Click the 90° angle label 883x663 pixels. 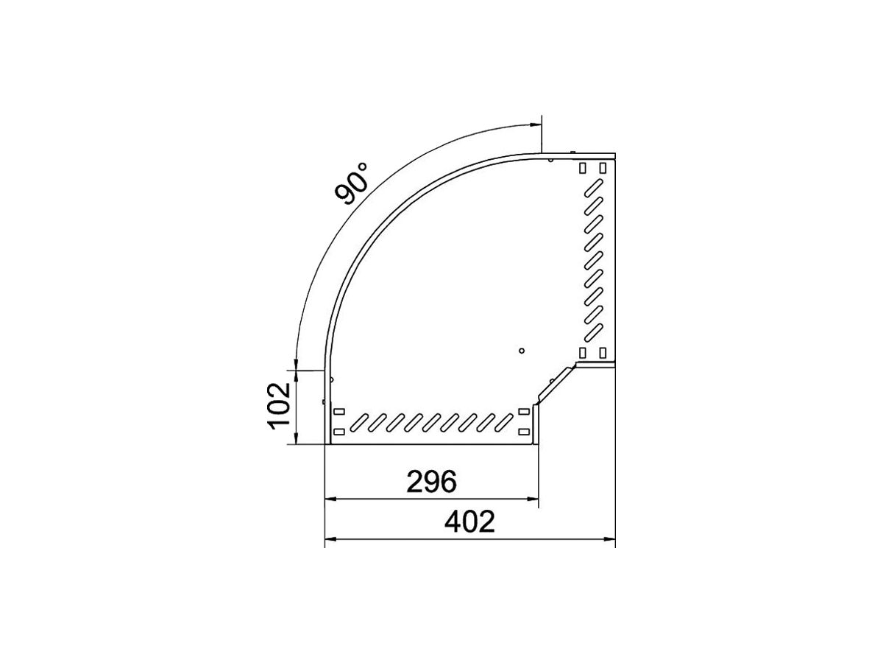[x=351, y=183]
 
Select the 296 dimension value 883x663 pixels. [x=432, y=482]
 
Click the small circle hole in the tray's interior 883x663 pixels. [x=522, y=351]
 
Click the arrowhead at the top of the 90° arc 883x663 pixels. [x=536, y=124]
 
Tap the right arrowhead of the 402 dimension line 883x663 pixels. [x=609, y=539]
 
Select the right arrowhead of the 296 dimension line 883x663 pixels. [x=532, y=499]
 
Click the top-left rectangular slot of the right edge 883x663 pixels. [x=583, y=168]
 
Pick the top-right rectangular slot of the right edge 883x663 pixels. [x=603, y=168]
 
